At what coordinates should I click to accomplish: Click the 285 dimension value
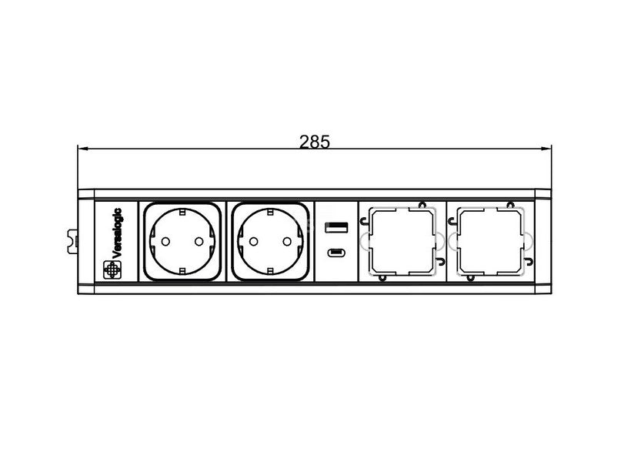click(x=315, y=142)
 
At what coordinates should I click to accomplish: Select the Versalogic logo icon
click(x=112, y=270)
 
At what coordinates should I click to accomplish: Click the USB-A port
click(x=336, y=227)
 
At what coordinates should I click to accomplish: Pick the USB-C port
click(x=336, y=253)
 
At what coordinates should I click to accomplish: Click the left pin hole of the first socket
click(x=165, y=241)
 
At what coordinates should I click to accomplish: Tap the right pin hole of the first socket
click(x=199, y=241)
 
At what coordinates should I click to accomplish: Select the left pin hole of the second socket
click(x=253, y=241)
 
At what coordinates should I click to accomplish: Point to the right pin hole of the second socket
click(x=287, y=241)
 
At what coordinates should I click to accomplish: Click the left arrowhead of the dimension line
click(x=82, y=149)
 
